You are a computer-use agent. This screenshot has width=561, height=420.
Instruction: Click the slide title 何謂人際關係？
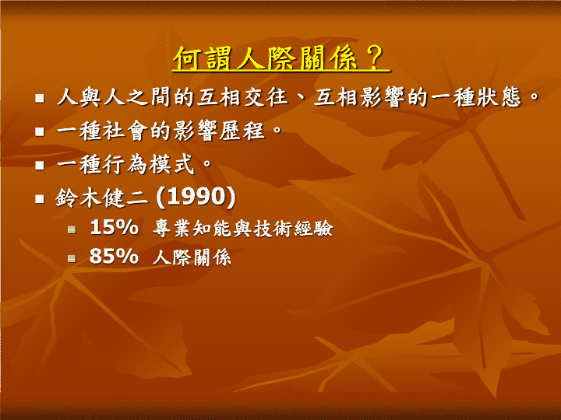280,58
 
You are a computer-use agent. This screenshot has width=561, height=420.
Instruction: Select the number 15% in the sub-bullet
114,227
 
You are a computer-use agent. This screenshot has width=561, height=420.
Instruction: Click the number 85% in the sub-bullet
114,256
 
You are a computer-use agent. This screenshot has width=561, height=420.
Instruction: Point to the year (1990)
196,197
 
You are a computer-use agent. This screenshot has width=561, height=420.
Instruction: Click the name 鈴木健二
101,198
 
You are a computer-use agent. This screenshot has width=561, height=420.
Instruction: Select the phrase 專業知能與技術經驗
243,228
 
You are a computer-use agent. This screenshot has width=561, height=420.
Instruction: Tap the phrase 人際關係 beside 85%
192,257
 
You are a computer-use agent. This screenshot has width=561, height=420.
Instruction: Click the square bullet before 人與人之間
40,98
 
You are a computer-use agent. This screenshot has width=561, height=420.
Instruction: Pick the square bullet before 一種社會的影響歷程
40,131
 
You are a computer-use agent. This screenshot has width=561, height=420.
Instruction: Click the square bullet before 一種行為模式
40,165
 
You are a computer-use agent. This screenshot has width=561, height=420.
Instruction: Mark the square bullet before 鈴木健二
40,198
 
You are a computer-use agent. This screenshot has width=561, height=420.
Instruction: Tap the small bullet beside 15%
72,229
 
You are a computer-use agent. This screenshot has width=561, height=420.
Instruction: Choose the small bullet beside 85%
72,258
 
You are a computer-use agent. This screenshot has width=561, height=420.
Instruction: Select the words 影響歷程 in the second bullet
219,131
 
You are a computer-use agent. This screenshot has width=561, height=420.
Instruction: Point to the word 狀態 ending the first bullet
498,97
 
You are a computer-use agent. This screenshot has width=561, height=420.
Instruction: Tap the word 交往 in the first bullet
266,97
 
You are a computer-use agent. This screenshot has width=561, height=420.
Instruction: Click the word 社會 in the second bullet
126,131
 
